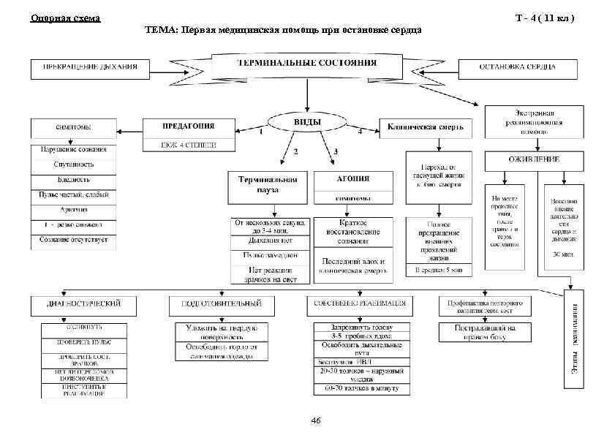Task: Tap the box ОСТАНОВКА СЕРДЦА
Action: pos(517,68)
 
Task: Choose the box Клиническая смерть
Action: pos(426,127)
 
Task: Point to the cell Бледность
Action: pos(73,180)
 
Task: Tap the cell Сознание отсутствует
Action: pos(73,239)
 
